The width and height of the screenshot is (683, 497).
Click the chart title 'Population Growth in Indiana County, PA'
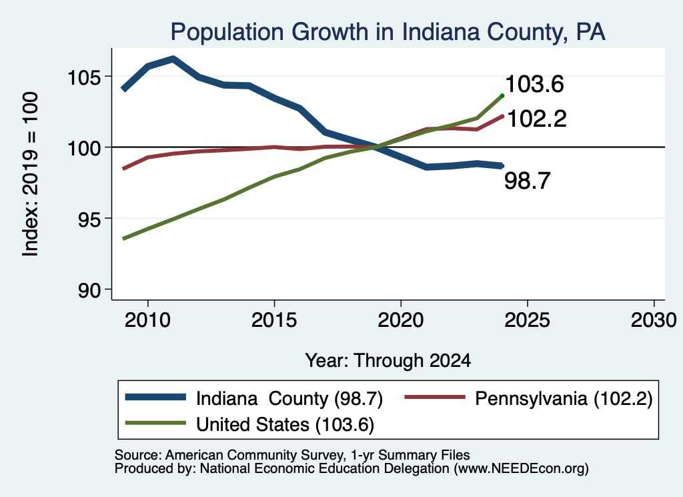point(388,32)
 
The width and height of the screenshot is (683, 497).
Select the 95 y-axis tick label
point(89,219)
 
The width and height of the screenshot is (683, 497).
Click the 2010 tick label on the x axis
point(147,320)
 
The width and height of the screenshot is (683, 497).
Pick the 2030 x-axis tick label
point(654,320)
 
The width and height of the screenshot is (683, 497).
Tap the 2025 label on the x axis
point(527,320)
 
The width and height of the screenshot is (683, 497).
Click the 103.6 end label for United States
point(534,83)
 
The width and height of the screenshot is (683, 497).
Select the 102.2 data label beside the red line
point(537,119)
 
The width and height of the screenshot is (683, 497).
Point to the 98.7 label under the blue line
point(528,180)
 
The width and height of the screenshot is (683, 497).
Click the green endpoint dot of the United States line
point(502,96)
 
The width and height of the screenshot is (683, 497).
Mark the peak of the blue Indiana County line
point(173,58)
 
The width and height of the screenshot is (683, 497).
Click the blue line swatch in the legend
point(155,397)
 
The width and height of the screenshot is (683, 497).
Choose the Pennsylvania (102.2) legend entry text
point(564,398)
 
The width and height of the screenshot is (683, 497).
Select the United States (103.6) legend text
point(285,424)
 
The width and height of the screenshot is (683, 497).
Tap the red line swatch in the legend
point(435,397)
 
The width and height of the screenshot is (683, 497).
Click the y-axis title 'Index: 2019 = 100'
point(31,174)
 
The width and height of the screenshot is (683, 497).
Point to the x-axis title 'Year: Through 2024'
point(388,361)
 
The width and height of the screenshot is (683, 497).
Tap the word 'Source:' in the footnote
point(138,455)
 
